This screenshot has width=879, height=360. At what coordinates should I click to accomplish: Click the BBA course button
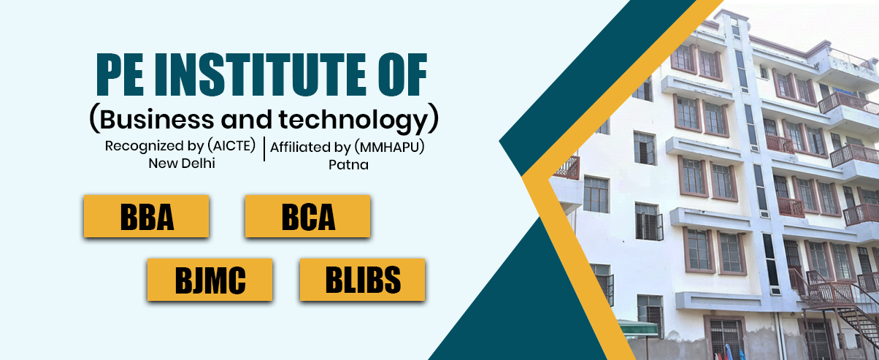coord(146,216)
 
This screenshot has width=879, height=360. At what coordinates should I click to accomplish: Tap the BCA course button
coord(307,216)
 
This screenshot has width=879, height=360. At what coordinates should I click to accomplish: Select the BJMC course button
coord(210,280)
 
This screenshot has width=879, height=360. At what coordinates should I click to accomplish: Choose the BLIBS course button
coord(363,280)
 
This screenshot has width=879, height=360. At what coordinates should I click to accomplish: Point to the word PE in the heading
coord(120,75)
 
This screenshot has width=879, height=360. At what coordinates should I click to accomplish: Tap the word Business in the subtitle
coord(157,119)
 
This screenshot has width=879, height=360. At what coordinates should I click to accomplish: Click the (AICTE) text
coord(231,145)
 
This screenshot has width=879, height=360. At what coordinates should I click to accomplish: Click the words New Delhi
coord(182,164)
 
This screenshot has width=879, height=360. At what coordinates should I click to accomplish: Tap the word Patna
coord(348,165)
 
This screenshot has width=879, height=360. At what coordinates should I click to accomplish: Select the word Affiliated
coord(299,148)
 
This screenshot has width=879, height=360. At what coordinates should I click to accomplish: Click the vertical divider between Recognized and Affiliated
coord(264,149)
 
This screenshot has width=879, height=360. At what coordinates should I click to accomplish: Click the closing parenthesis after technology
coord(433,118)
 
